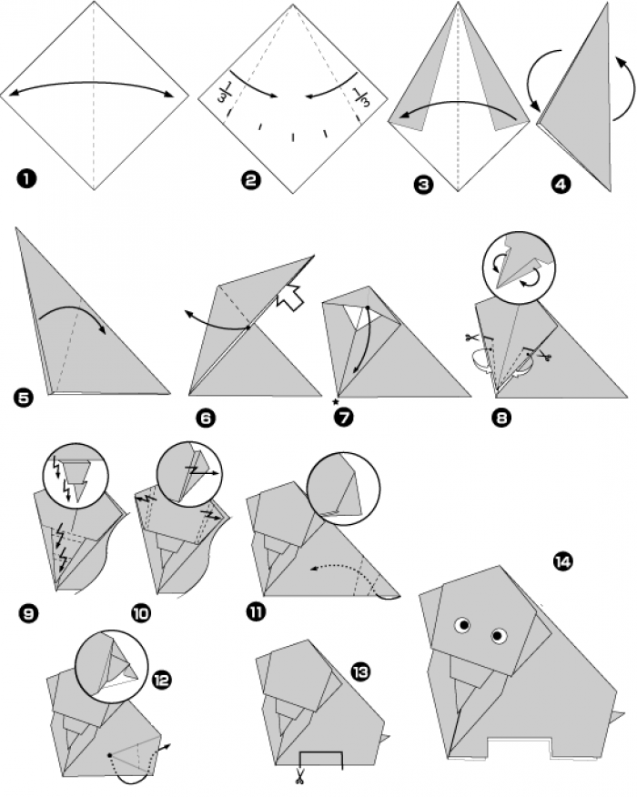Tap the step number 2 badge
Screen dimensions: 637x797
tap(251, 180)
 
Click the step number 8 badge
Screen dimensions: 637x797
tap(502, 419)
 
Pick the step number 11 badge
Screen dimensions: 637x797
tap(256, 611)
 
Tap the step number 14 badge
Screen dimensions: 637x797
tap(561, 561)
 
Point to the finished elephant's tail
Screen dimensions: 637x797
tap(620, 709)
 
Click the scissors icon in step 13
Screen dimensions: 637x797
tap(298, 776)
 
